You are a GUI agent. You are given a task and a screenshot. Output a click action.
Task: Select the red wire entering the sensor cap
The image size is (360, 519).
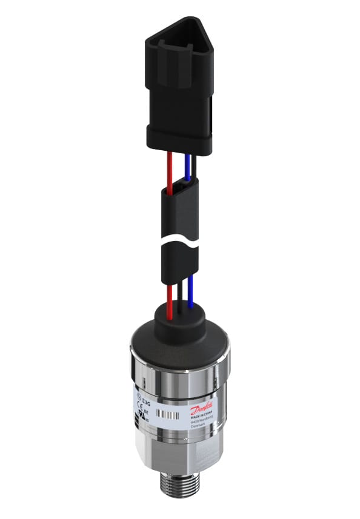tap(172, 297)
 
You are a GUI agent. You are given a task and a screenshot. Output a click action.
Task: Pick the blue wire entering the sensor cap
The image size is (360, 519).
tap(190, 297)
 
